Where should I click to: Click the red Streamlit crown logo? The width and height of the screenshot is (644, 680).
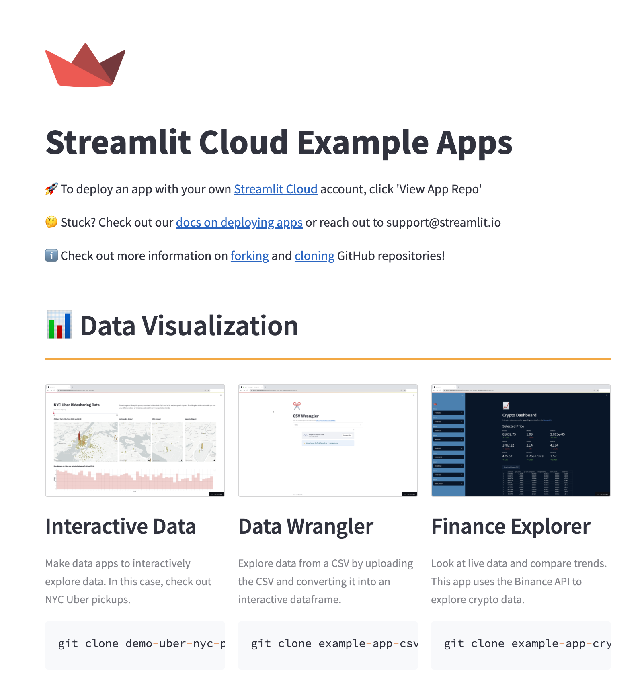coord(85,66)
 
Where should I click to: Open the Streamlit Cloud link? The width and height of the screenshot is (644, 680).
coord(275,189)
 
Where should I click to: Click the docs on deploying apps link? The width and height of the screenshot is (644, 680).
coord(239,223)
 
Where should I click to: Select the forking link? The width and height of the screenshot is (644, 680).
coord(249,256)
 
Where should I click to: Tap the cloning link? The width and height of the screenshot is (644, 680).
coord(314,256)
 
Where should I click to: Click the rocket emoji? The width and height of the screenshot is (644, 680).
coord(51,189)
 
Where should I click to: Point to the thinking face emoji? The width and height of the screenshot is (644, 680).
coord(51,222)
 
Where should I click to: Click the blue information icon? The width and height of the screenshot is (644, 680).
coord(51,256)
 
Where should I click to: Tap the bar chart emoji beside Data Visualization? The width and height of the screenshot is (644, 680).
coord(59,325)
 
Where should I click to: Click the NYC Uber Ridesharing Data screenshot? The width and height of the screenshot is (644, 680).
coord(135,440)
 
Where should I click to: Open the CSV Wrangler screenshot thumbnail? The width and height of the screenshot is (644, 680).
coord(328,440)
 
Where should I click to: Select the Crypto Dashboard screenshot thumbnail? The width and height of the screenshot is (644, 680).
coord(521,440)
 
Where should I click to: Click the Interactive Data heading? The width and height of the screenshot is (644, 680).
coord(121,526)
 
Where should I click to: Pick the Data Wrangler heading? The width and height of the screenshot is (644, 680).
coord(306,526)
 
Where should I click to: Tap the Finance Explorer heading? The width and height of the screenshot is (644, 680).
coord(511,526)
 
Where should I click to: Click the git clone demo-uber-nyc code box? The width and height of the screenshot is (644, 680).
coord(135,644)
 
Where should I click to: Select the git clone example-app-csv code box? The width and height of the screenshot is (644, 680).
coord(328,644)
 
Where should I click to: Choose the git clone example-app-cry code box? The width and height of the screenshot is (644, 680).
coord(521,644)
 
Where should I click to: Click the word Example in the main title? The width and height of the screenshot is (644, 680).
coord(363,143)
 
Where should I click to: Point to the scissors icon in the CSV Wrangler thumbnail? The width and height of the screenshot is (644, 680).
coord(297,406)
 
